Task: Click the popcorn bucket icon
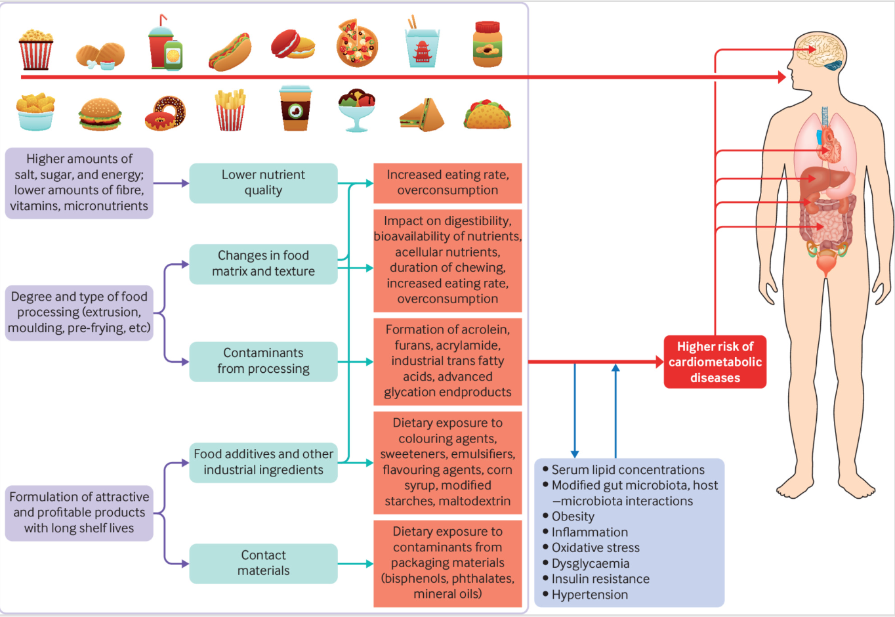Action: click(x=35, y=49)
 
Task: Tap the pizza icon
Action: click(x=357, y=44)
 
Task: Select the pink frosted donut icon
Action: click(x=165, y=113)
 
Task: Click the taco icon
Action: click(x=487, y=114)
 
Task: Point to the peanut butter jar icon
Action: click(x=487, y=45)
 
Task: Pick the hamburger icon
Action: click(x=100, y=114)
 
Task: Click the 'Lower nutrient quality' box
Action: click(x=263, y=183)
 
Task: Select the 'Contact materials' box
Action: click(x=263, y=563)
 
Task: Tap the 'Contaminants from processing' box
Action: click(x=263, y=361)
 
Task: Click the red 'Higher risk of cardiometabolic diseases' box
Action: click(x=715, y=362)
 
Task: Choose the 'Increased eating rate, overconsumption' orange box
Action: click(x=447, y=183)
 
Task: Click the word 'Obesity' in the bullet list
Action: click(x=573, y=517)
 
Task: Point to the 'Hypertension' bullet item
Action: click(x=589, y=595)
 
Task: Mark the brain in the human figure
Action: click(x=820, y=51)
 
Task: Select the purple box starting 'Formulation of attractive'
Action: click(x=79, y=513)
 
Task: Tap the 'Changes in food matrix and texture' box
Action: click(x=263, y=264)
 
